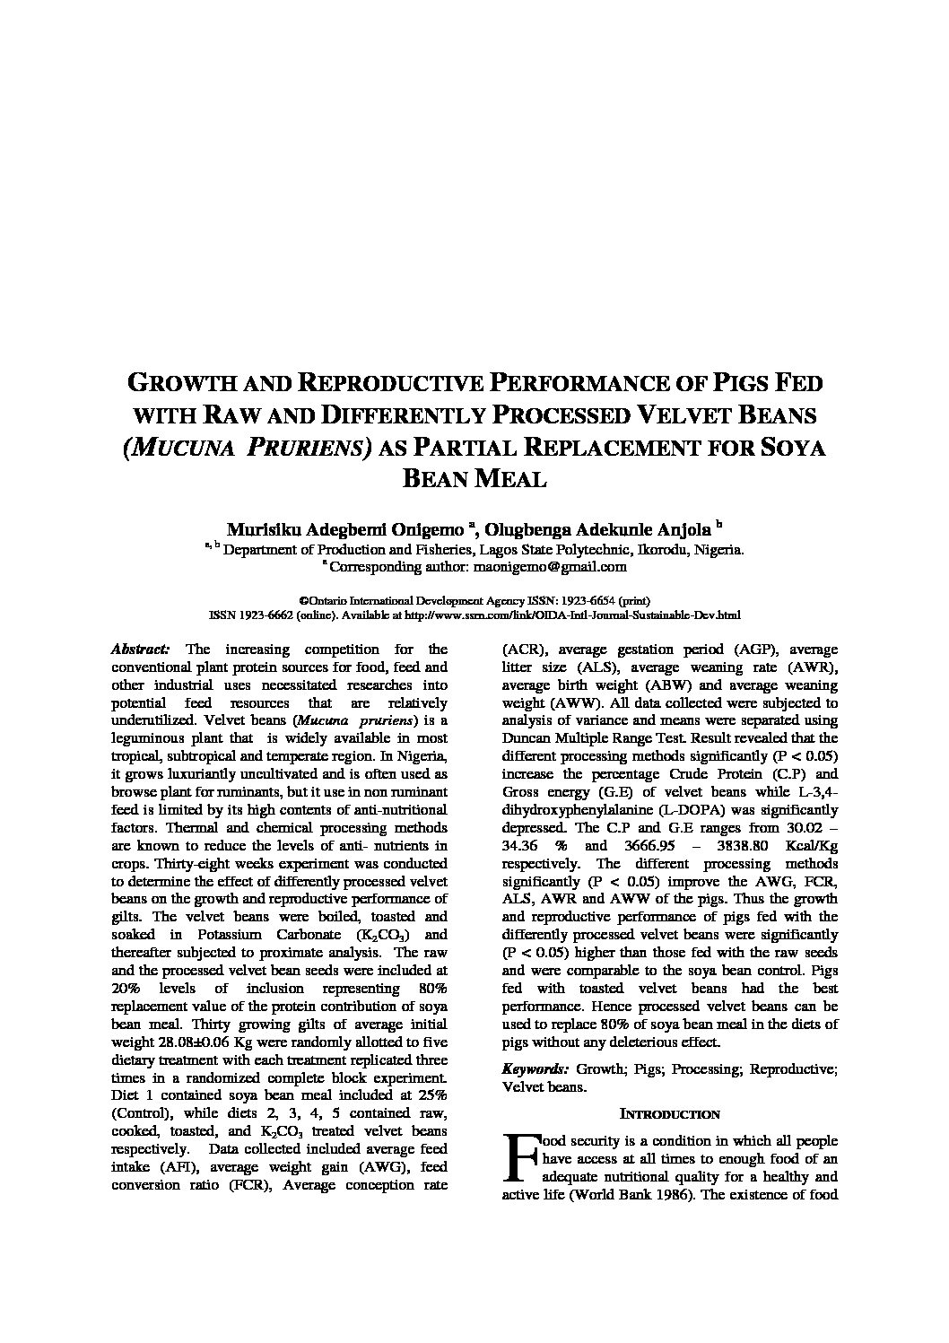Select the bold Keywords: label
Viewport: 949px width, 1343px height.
pyautogui.click(x=535, y=1069)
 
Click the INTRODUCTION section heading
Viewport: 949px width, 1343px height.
pyautogui.click(x=670, y=1114)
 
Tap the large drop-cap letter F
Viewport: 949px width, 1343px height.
pyautogui.click(x=520, y=1156)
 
